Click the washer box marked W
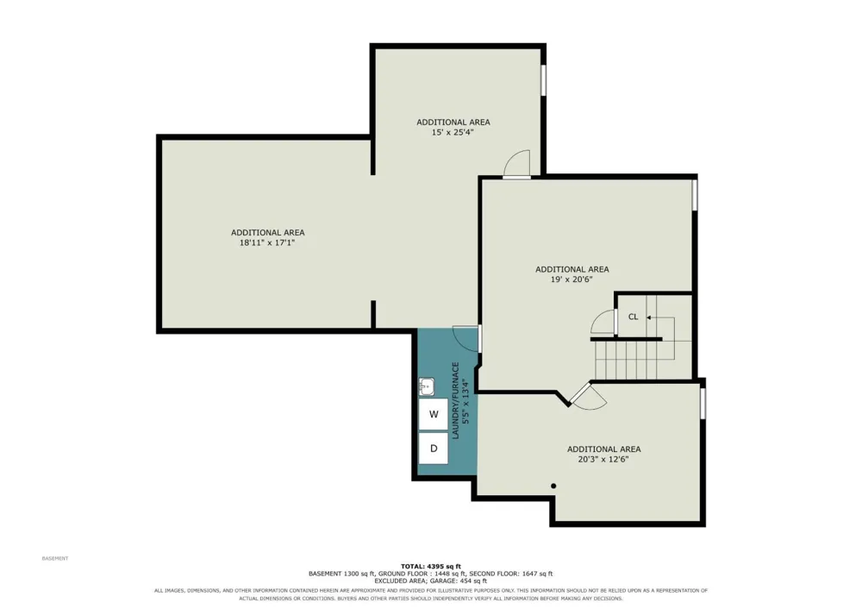[434, 414]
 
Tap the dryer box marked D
[434, 449]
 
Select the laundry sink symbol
[427, 386]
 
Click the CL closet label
[634, 317]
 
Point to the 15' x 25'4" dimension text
[453, 133]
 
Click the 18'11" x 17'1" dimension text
[267, 242]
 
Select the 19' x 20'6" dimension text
[572, 279]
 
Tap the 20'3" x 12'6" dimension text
[603, 460]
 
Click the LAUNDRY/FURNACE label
[455, 400]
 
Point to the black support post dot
[553, 486]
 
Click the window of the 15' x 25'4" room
[543, 80]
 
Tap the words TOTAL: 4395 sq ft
[431, 566]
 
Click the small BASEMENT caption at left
[55, 558]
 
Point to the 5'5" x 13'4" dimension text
[465, 400]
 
